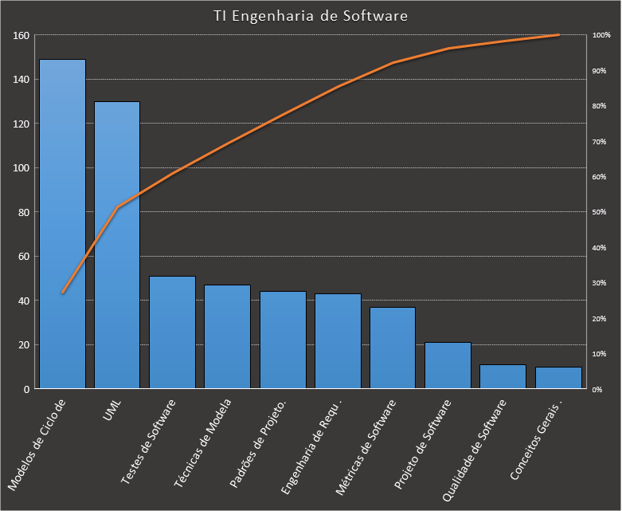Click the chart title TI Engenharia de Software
(311, 16)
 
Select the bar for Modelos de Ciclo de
(62, 224)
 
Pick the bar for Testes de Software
(172, 332)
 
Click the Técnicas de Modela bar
(227, 336)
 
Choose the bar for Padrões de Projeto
(283, 340)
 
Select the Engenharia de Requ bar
(338, 341)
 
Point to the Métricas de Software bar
(393, 348)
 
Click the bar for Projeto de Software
(448, 365)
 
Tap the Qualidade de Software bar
(503, 376)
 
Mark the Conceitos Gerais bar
(558, 378)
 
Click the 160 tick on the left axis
(21, 36)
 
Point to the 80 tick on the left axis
(23, 212)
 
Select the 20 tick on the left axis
(23, 344)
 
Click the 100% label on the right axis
(600, 36)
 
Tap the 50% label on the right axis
(600, 212)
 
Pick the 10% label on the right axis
(600, 353)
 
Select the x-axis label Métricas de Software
(366, 450)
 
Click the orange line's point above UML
(118, 207)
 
